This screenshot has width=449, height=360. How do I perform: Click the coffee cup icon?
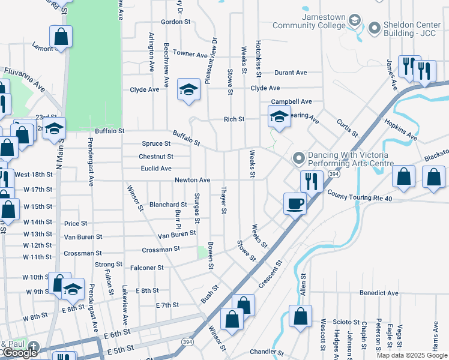[295, 203]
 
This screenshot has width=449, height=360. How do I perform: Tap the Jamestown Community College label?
[309, 21]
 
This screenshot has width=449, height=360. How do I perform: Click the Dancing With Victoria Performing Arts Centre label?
[351, 159]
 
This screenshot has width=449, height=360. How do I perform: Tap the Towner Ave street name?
[190, 54]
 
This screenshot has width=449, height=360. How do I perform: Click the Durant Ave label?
[291, 73]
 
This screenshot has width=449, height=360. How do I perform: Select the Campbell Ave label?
[291, 102]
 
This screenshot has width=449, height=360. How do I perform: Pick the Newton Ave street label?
[192, 180]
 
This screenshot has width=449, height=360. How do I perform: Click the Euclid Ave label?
[155, 169]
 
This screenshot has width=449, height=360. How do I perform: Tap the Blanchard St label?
[168, 205]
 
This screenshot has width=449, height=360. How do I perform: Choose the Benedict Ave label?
[379, 293]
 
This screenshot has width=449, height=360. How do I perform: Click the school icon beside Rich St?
[279, 117]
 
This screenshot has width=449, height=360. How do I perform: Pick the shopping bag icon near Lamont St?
[61, 37]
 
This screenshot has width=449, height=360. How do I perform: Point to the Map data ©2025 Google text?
[411, 355]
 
